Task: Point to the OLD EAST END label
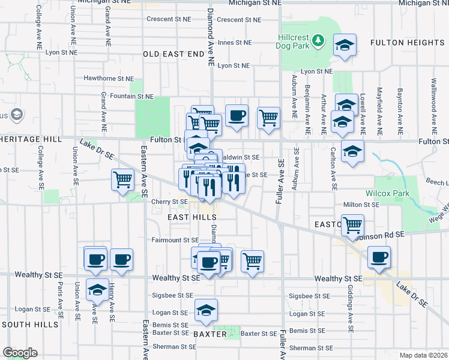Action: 173,54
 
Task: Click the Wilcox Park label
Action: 384,193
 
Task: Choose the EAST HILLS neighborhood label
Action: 187,217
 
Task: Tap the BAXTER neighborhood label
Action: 210,334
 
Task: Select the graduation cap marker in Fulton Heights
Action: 345,46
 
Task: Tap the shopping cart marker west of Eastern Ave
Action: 122,179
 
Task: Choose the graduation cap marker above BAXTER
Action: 206,310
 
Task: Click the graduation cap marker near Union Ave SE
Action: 96,290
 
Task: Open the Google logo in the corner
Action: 20,353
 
